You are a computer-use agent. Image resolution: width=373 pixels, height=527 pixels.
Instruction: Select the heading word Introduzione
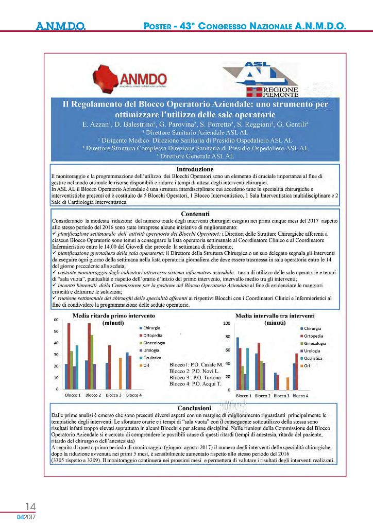[x=195, y=169]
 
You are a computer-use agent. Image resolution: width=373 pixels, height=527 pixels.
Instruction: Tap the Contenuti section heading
[x=195, y=214]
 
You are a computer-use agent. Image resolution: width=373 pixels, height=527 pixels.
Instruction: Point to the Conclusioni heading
[x=195, y=408]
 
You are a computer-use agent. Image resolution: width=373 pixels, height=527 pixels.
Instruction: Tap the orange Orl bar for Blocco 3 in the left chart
[x=120, y=373]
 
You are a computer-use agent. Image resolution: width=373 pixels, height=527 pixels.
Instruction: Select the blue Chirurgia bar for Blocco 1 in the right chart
[x=238, y=363]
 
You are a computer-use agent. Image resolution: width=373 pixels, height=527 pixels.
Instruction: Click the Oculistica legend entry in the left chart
[x=150, y=357]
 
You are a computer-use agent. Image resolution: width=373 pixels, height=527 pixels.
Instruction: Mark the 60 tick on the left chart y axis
[x=56, y=320]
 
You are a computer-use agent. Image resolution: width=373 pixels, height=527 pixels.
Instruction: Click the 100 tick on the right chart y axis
[x=226, y=324]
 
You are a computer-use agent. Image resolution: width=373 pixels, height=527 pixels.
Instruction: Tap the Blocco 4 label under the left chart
[x=134, y=395]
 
